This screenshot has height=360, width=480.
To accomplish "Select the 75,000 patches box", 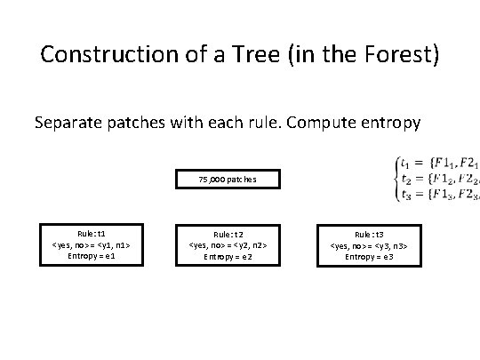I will (228, 180).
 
